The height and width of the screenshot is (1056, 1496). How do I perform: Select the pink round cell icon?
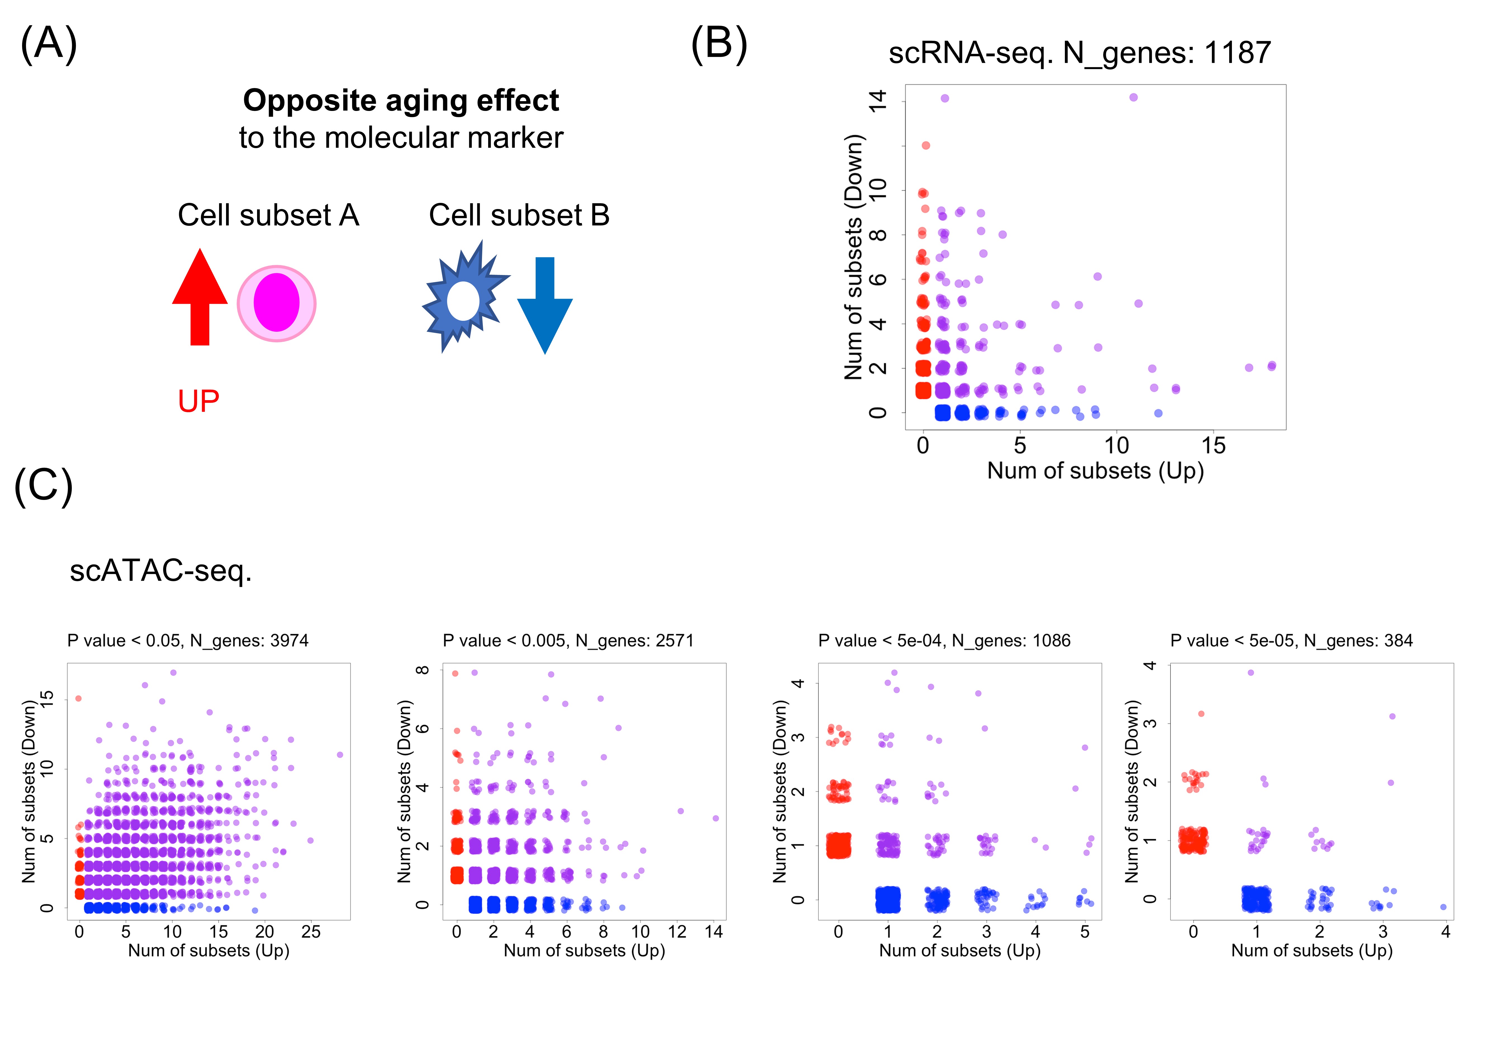276,303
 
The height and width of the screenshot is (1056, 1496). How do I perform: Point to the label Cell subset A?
269,215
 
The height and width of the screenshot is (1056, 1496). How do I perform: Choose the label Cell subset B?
519,215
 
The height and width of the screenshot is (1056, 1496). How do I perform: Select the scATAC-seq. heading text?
160,571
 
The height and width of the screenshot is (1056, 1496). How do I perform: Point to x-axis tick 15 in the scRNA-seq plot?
1213,446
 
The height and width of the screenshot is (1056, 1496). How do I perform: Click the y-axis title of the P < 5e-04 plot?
780,792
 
